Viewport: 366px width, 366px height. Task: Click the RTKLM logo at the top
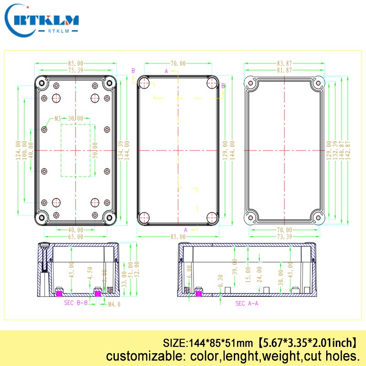(44, 20)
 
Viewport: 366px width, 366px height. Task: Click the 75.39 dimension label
(76, 70)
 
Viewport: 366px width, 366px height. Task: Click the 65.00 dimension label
(76, 237)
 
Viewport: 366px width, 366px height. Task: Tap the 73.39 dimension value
(284, 237)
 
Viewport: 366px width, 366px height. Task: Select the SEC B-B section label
(75, 303)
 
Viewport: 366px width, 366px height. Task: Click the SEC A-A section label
(247, 303)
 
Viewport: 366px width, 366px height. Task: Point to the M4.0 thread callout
(114, 303)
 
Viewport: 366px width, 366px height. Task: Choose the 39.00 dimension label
(235, 266)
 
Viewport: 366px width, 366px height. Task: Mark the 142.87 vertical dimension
(348, 150)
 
